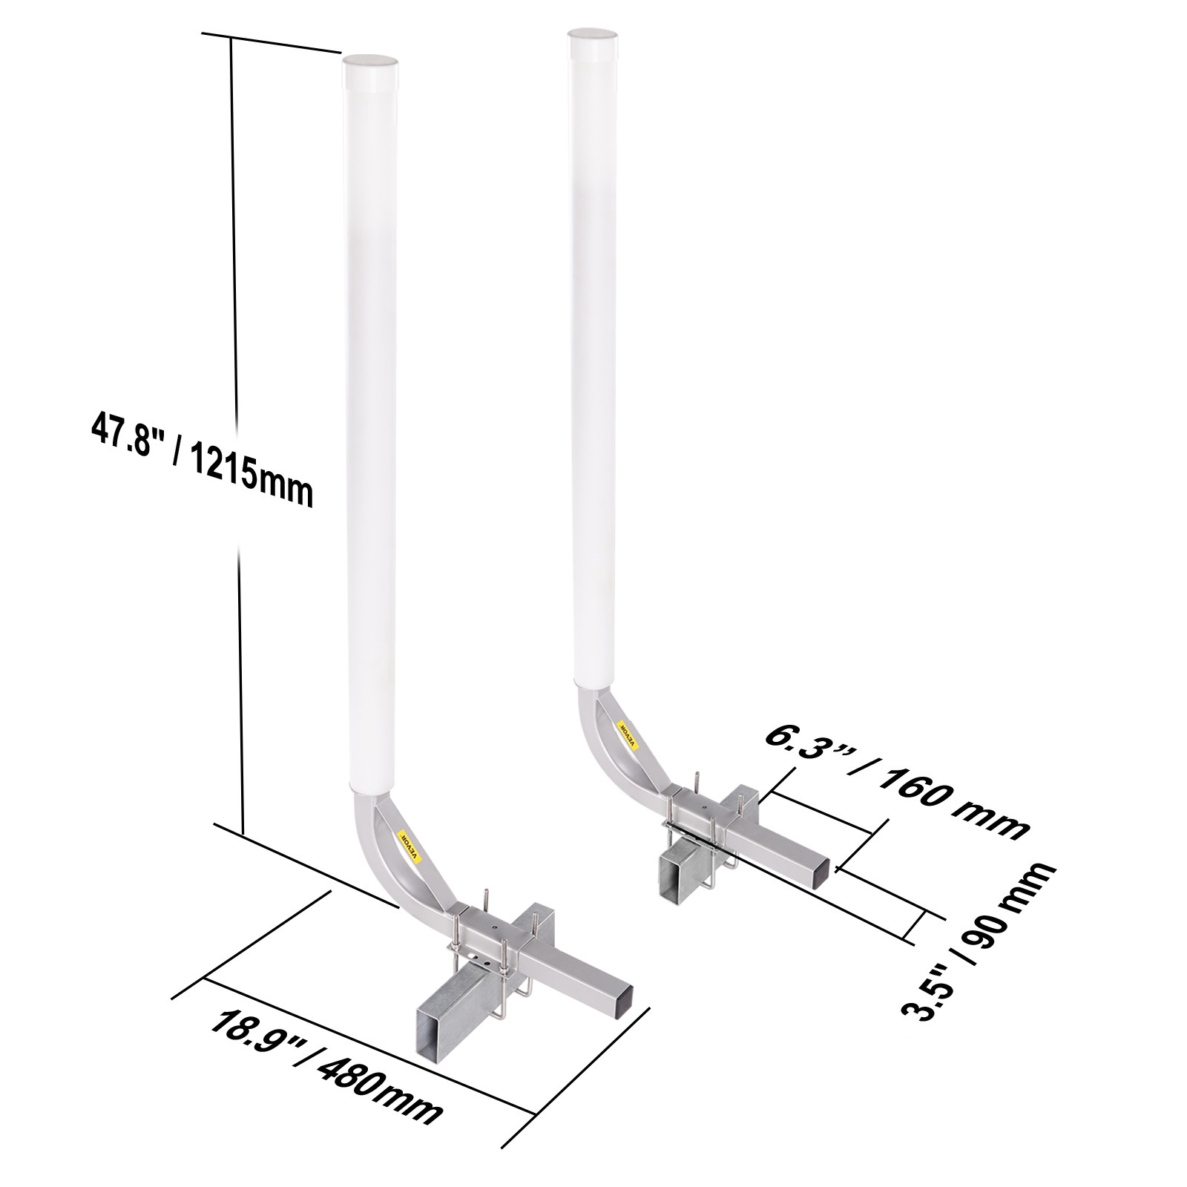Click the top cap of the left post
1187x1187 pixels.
click(x=370, y=60)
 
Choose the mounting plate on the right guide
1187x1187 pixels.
click(x=698, y=808)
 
